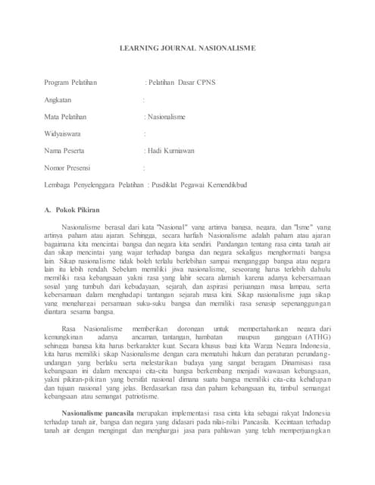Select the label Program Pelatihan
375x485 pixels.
click(x=73, y=82)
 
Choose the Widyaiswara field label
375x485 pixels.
click(x=64, y=133)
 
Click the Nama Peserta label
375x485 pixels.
click(x=64, y=150)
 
